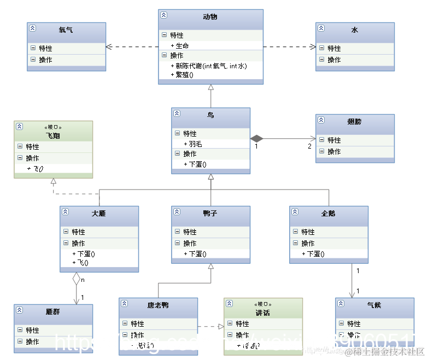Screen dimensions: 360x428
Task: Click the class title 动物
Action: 210,17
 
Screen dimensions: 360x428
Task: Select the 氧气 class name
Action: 66,29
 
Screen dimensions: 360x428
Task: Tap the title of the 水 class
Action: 355,29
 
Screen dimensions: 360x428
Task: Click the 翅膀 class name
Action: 355,121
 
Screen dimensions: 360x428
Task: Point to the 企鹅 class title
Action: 329,213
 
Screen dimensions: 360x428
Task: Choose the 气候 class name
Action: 374,305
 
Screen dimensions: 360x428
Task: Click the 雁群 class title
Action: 53,311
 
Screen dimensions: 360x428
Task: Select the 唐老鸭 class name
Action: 158,305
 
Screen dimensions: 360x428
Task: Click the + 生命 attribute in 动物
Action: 180,45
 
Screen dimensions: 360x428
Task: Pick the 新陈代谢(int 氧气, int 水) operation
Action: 209,66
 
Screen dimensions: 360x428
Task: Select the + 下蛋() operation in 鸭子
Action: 195,254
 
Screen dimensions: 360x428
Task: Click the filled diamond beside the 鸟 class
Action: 257,139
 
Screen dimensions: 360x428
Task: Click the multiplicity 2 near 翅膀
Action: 309,146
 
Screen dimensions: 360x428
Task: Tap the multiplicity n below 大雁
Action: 83,280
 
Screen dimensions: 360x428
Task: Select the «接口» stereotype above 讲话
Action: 263,304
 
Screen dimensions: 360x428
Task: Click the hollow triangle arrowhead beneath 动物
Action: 210,88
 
